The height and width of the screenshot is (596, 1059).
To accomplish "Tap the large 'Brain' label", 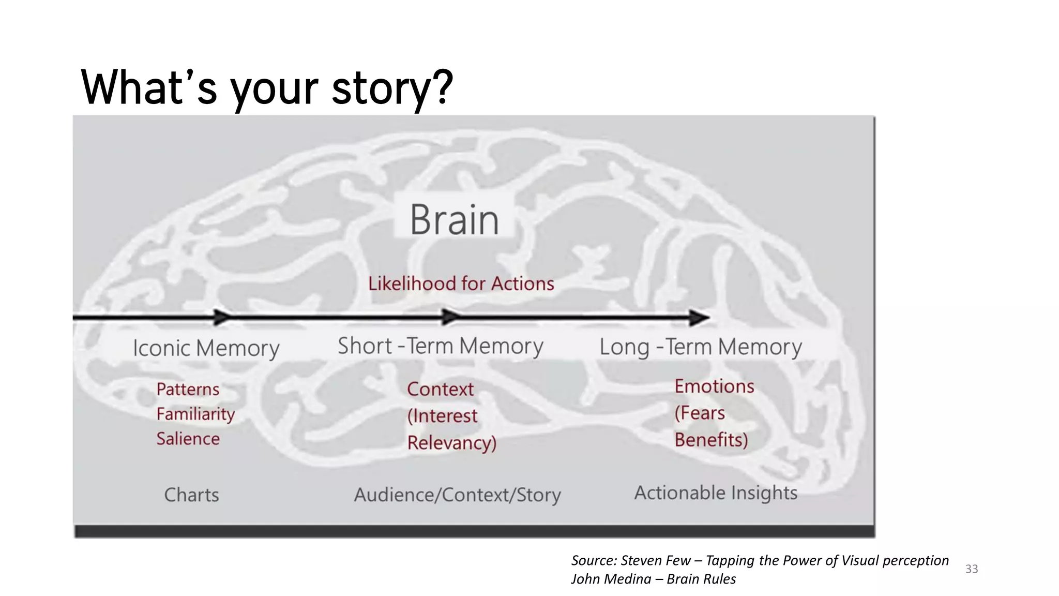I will point(455,220).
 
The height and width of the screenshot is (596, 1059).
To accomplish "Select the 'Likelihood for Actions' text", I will point(461,284).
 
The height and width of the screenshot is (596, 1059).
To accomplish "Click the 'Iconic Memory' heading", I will point(206,348).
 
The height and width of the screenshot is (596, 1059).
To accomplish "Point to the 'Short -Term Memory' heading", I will point(440,346).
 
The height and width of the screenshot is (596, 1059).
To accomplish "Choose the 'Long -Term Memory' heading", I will point(700,347).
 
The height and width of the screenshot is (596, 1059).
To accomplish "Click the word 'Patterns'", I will point(188,389).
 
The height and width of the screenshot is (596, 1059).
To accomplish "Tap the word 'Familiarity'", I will point(195,414).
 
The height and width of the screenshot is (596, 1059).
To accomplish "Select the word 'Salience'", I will point(188,439).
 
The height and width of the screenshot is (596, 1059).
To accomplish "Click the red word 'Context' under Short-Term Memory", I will point(440,389).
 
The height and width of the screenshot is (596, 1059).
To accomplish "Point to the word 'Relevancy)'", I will point(451,443).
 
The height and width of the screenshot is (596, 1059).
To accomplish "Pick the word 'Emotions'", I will point(714,386).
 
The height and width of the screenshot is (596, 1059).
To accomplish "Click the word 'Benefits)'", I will point(711,440).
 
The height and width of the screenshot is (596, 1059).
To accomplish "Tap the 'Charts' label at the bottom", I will point(191,495).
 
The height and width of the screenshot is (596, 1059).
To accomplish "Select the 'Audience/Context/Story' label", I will point(457,495).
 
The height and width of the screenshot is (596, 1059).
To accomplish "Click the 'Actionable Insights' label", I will point(716,493).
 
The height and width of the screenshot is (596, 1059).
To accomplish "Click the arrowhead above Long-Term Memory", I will point(699,318).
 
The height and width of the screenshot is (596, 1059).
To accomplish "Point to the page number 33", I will point(972,569).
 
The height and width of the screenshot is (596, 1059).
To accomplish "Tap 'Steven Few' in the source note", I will point(655,560).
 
